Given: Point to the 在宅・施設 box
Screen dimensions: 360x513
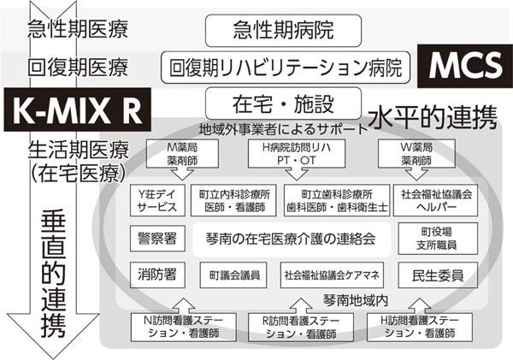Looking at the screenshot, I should [271, 104].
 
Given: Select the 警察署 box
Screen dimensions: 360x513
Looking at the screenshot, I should [155, 237].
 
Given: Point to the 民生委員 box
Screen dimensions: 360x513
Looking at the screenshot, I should [437, 275].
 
